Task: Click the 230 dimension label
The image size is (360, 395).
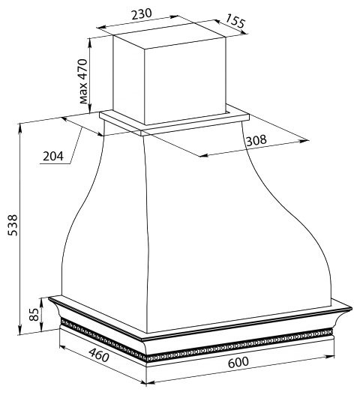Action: (142, 14)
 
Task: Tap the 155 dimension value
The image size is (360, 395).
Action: (235, 21)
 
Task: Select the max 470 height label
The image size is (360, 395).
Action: (83, 82)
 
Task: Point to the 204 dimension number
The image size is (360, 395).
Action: (53, 156)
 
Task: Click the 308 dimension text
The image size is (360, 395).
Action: (256, 140)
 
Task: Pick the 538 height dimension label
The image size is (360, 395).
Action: (13, 225)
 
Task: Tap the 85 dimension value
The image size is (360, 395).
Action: (34, 314)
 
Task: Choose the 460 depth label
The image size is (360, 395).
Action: (99, 355)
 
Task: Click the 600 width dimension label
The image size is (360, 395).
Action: (238, 362)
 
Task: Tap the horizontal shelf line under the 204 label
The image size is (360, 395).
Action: (55, 164)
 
